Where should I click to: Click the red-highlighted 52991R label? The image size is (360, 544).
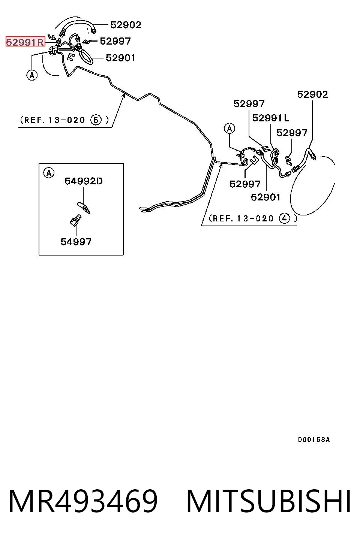tap(25, 42)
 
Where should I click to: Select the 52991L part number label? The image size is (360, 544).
tap(271, 118)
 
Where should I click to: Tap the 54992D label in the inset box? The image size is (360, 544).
tap(84, 181)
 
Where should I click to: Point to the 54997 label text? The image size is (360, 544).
tap(76, 242)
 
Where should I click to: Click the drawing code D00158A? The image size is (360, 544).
tap(314, 439)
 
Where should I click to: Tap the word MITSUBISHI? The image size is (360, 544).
tap(268, 501)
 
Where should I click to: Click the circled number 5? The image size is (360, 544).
tap(96, 120)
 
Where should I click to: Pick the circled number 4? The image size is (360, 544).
tap(284, 218)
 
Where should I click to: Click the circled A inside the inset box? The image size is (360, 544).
tap(49, 173)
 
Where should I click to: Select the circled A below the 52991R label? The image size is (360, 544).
tap(32, 75)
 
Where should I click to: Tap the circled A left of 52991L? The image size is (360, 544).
tap(229, 129)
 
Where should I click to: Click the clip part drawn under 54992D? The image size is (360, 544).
tap(84, 208)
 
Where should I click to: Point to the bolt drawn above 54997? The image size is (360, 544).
tap(75, 220)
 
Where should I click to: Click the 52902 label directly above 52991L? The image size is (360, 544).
tap(313, 94)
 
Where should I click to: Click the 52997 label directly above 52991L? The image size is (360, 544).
tap(249, 104)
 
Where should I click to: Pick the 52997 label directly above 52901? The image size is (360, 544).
tap(245, 184)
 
